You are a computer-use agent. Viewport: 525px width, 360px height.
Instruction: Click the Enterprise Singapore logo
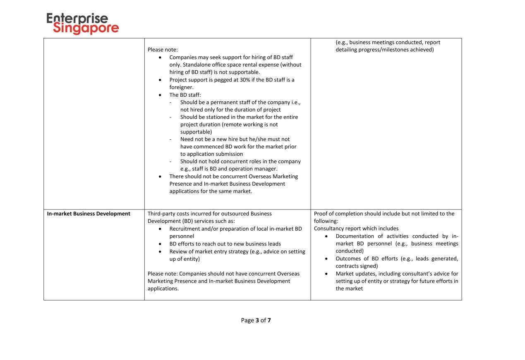tap(82, 24)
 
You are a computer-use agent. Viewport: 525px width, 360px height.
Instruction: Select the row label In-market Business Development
tap(89, 214)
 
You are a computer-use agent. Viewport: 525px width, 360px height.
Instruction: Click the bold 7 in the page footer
tap(269, 320)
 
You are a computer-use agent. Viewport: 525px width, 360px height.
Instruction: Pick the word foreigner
tap(181, 87)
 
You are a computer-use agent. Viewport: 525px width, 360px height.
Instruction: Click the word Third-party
tap(161, 214)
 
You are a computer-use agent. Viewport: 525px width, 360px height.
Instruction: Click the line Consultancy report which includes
tap(356, 229)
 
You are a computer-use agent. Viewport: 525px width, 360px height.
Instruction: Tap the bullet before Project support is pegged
tap(160, 80)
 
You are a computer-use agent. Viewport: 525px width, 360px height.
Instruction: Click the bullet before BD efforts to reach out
tap(160, 244)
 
